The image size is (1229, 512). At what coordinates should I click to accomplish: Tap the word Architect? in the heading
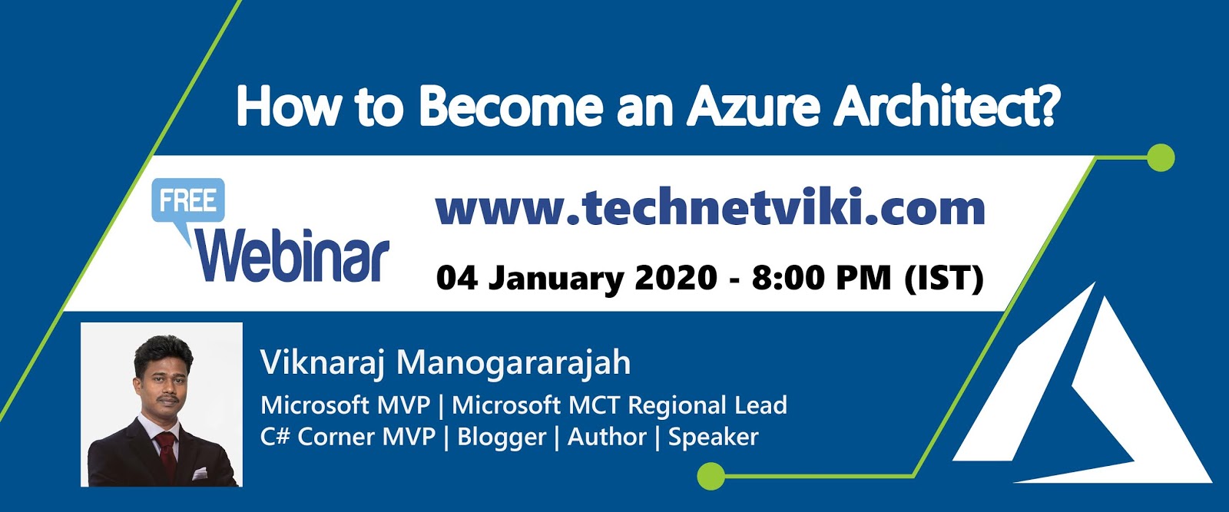coord(947,107)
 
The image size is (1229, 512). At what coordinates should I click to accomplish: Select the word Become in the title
coord(511,107)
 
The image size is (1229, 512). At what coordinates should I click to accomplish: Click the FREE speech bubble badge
coord(188,201)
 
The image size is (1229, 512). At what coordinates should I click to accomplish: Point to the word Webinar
coord(293,256)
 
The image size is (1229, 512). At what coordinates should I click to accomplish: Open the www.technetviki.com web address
coord(710,209)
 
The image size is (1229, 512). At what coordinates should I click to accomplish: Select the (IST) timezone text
coord(944,278)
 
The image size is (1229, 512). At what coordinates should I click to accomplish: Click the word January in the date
coord(556,279)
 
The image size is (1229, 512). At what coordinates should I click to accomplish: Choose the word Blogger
coord(502,437)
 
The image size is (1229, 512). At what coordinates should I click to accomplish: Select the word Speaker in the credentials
coord(713,437)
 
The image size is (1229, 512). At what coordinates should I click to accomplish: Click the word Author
coord(607,437)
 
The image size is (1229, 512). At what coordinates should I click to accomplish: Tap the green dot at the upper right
coord(1160,158)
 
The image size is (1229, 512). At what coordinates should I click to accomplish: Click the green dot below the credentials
coord(711,476)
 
